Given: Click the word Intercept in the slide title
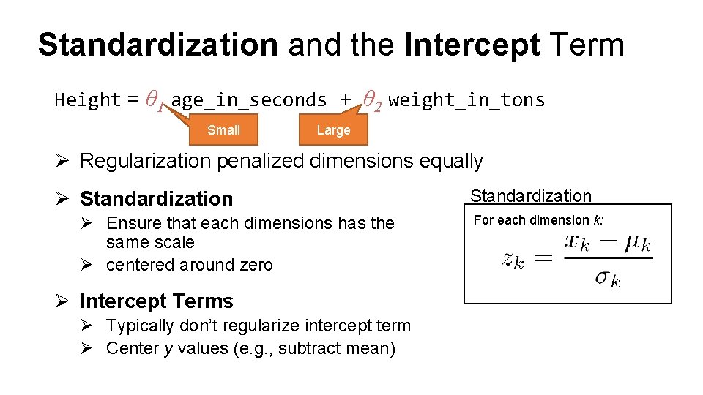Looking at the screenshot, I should (472, 45).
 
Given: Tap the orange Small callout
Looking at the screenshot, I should (223, 130).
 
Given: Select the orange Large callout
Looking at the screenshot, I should (333, 130).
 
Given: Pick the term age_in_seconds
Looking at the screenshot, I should (248, 100).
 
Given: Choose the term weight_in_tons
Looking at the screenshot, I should (466, 100).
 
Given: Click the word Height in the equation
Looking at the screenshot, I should (87, 99).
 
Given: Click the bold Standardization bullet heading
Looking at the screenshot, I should (156, 198).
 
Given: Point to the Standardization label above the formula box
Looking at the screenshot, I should (530, 195).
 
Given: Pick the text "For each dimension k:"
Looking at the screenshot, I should (538, 220).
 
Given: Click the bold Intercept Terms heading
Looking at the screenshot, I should (156, 301).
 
